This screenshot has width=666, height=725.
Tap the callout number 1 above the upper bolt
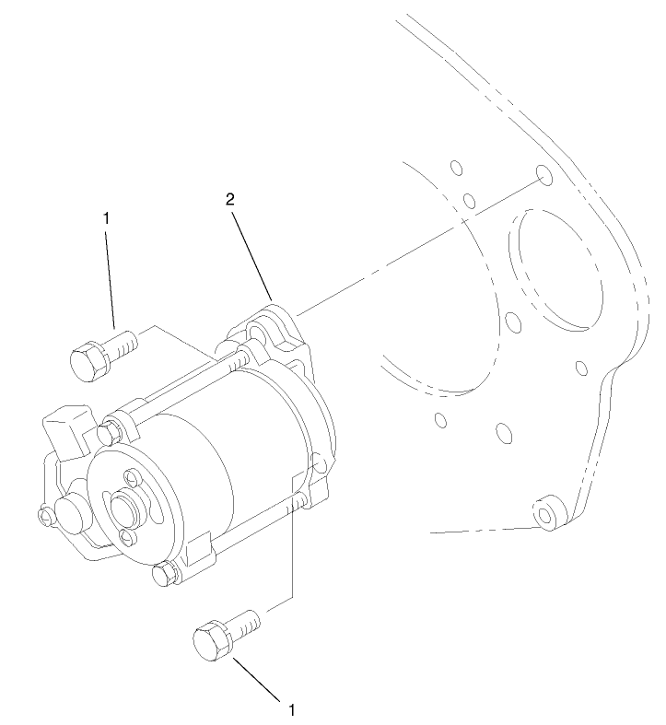pos(107,218)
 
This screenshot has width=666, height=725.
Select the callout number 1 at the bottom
pos(292,710)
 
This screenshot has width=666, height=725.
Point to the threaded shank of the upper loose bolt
pos(124,345)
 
